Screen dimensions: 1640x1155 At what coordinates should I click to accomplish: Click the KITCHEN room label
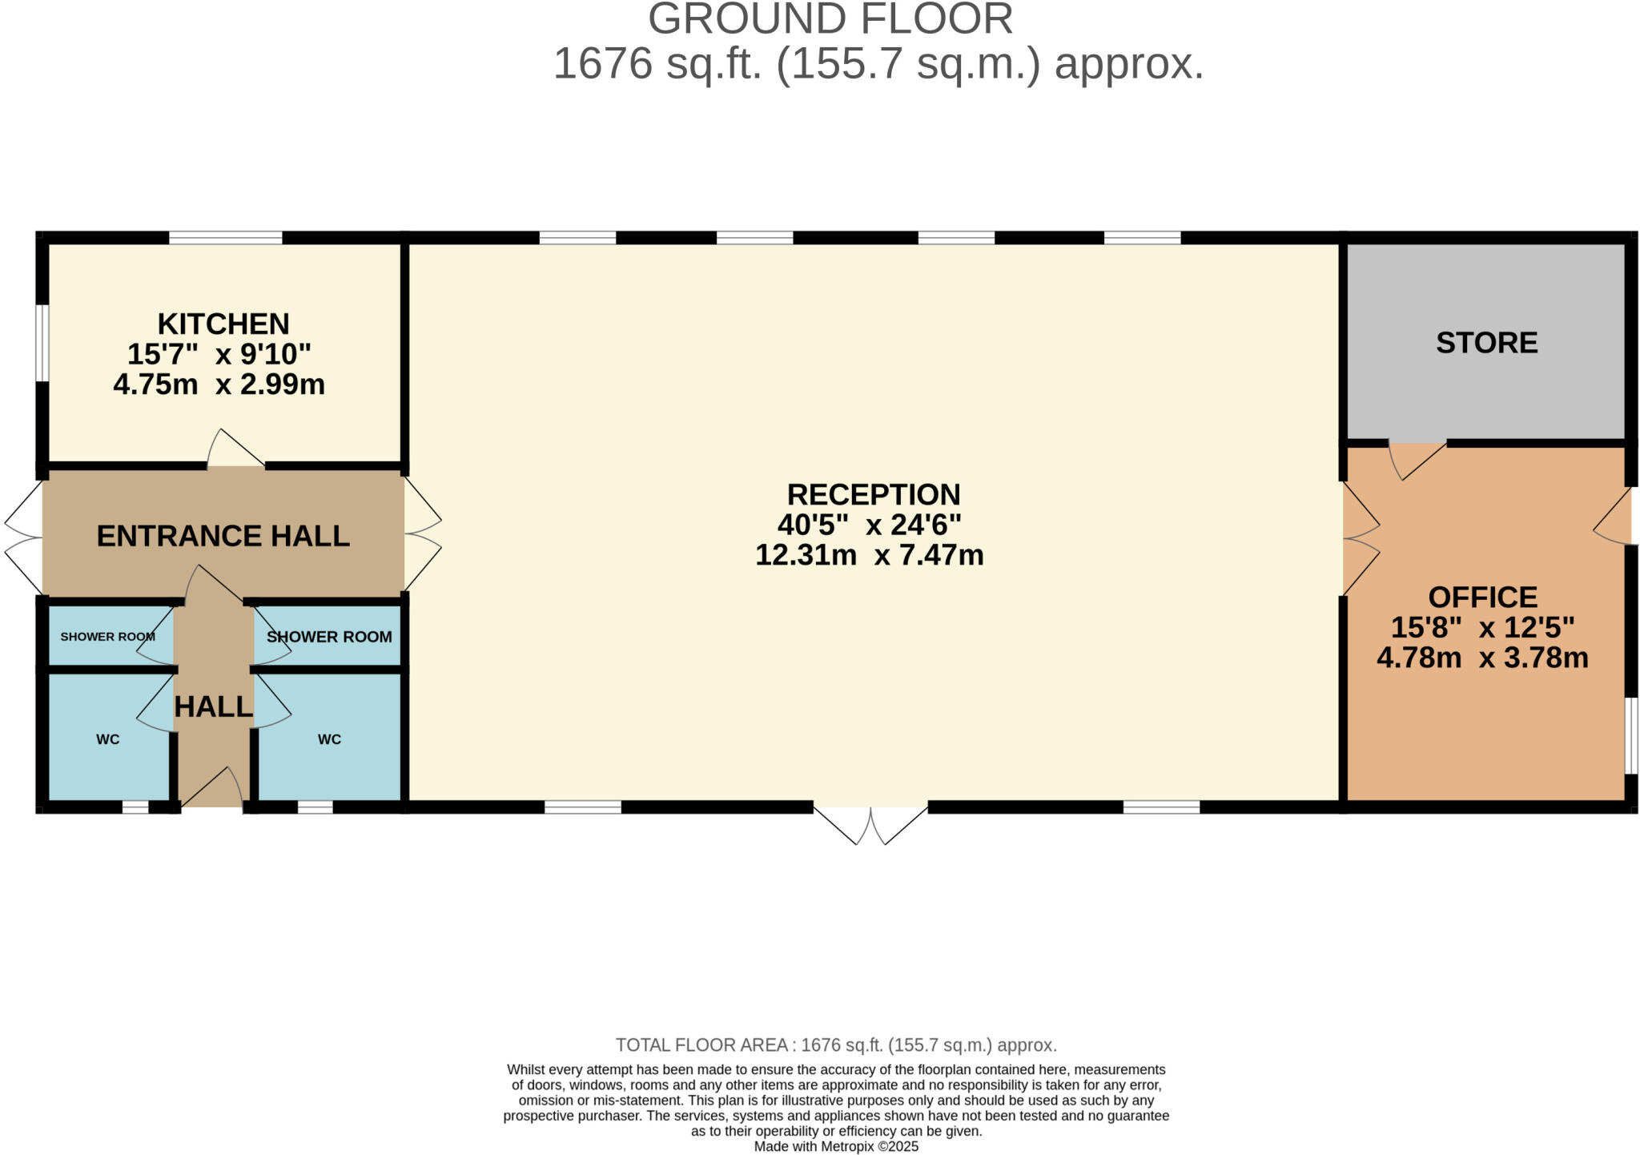(223, 324)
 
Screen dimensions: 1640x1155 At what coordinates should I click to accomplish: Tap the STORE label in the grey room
(1486, 343)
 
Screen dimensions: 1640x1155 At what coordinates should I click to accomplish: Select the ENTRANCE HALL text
(223, 536)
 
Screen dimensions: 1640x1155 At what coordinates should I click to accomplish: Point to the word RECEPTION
(874, 494)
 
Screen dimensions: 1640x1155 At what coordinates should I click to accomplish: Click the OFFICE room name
(1483, 598)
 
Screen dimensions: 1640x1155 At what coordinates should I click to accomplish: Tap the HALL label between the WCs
(214, 706)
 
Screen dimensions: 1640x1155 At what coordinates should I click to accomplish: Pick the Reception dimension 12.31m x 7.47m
(870, 554)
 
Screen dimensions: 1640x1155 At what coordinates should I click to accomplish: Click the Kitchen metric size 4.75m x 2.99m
(219, 384)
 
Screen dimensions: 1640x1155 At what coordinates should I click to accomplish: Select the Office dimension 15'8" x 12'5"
(1483, 627)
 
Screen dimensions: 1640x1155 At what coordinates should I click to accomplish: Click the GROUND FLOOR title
(830, 18)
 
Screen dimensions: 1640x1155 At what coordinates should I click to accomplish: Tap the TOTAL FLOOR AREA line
(836, 1045)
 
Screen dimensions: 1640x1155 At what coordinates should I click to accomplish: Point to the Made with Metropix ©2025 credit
(836, 1146)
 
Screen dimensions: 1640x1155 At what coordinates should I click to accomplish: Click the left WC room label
(108, 739)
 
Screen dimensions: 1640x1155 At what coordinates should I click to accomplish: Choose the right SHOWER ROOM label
(329, 637)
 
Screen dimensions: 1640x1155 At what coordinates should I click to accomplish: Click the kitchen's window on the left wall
(42, 343)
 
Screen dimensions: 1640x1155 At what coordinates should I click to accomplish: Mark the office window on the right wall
(1630, 735)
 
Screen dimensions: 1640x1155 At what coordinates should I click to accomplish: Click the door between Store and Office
(1417, 460)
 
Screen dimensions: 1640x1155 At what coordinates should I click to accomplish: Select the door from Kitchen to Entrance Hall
(236, 449)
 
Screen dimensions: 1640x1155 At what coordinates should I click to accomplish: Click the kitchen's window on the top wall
(226, 238)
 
